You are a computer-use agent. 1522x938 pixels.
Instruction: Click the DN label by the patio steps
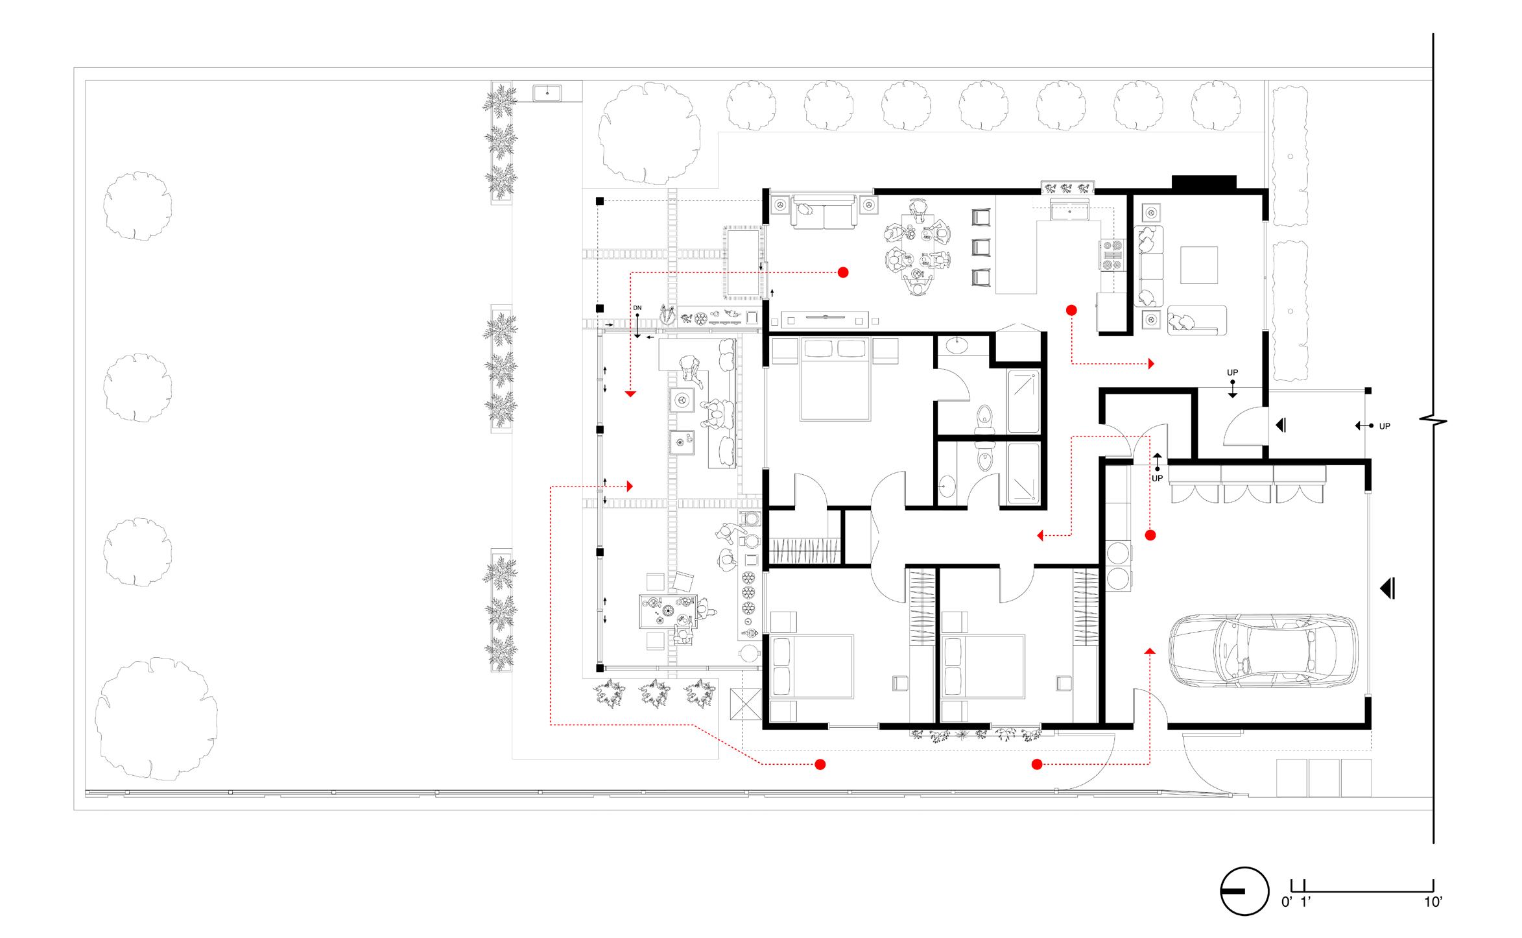637,307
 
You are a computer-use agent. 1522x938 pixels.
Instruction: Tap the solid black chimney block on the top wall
1204,183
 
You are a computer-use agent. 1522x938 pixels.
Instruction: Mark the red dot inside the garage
1150,535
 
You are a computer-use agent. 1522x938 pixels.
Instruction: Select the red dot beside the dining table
843,272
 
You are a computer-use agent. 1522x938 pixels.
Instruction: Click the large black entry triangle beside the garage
1387,589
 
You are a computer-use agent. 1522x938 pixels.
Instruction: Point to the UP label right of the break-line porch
1385,426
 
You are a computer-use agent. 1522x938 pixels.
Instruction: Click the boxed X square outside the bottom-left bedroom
746,704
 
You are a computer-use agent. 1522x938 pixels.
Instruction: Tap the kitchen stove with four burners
1112,255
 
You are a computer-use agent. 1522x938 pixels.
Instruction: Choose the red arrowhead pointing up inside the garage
1150,651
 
